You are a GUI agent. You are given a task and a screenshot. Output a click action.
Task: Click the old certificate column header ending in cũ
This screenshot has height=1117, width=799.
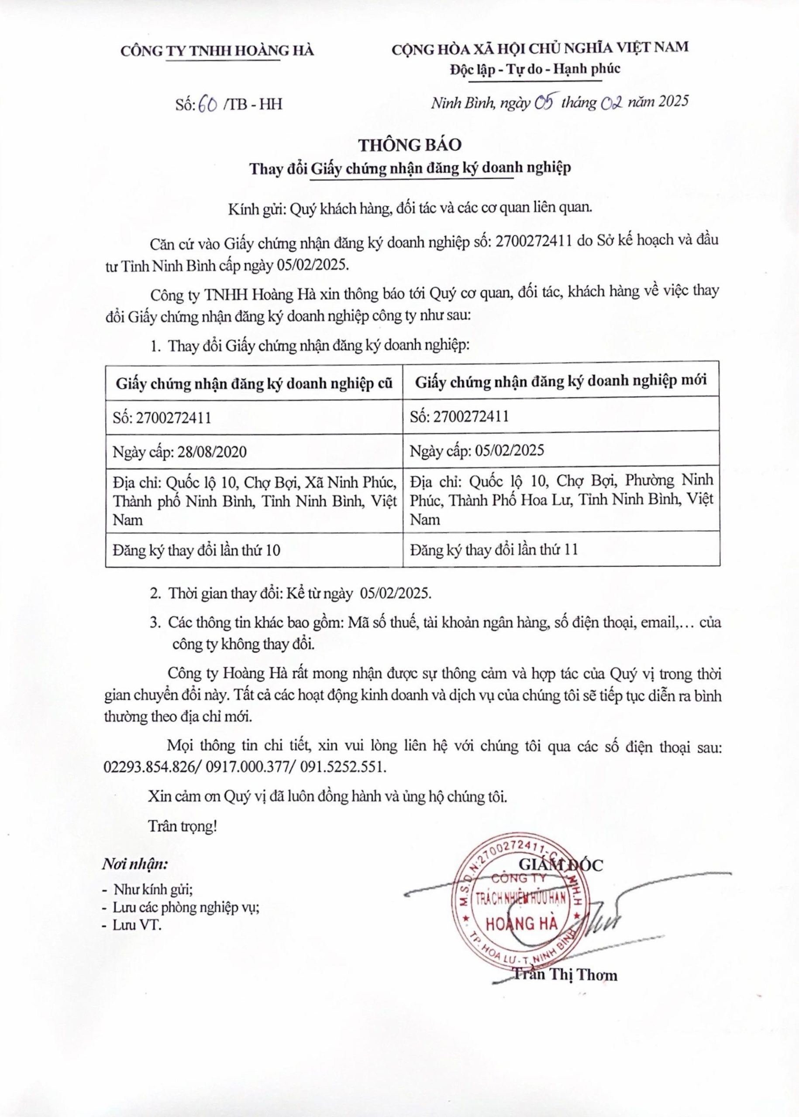pos(255,384)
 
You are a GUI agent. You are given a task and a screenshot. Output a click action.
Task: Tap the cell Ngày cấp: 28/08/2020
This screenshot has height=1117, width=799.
pos(179,452)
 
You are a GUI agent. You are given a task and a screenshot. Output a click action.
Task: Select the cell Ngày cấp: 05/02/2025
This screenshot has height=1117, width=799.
pos(477,451)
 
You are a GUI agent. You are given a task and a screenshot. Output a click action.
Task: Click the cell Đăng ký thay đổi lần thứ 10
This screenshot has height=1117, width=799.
pos(196,550)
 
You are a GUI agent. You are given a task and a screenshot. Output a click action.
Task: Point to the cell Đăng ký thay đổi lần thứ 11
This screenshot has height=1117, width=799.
pos(493,549)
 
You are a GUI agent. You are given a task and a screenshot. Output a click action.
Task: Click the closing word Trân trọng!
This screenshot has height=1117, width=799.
pos(183,826)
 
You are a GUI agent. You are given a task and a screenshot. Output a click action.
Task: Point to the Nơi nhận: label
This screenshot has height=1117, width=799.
pos(134,863)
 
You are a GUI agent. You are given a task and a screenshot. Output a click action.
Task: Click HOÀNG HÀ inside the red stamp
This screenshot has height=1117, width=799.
pos(521,924)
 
